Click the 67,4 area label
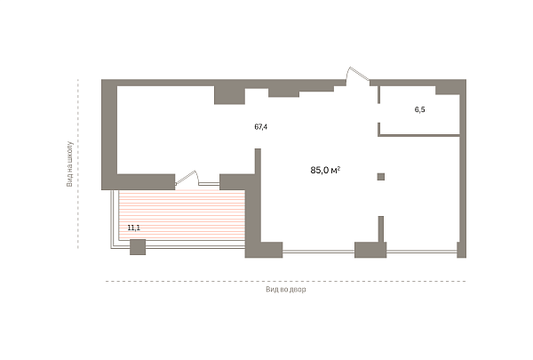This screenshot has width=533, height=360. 260,127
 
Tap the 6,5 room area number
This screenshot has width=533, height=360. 420,109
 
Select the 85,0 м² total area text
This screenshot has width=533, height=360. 325,170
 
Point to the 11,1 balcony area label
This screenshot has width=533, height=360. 133,228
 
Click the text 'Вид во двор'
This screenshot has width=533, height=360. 285,290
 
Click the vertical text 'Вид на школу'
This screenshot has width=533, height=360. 69,164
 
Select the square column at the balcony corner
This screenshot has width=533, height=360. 138,247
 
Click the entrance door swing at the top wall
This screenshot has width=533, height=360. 357,74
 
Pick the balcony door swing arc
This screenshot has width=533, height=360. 187,179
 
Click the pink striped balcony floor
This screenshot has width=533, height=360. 182,215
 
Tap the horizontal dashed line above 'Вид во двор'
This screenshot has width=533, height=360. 285,282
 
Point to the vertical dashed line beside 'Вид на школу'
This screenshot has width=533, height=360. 78,164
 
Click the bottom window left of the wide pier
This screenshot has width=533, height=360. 319,252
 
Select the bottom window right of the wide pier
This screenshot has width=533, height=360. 421,252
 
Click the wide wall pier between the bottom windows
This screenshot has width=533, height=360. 370,250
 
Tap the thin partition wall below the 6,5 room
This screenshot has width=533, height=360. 418,135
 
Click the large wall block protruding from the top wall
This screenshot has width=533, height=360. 229,95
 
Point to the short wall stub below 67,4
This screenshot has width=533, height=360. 258,161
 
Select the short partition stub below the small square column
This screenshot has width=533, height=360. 381,229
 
